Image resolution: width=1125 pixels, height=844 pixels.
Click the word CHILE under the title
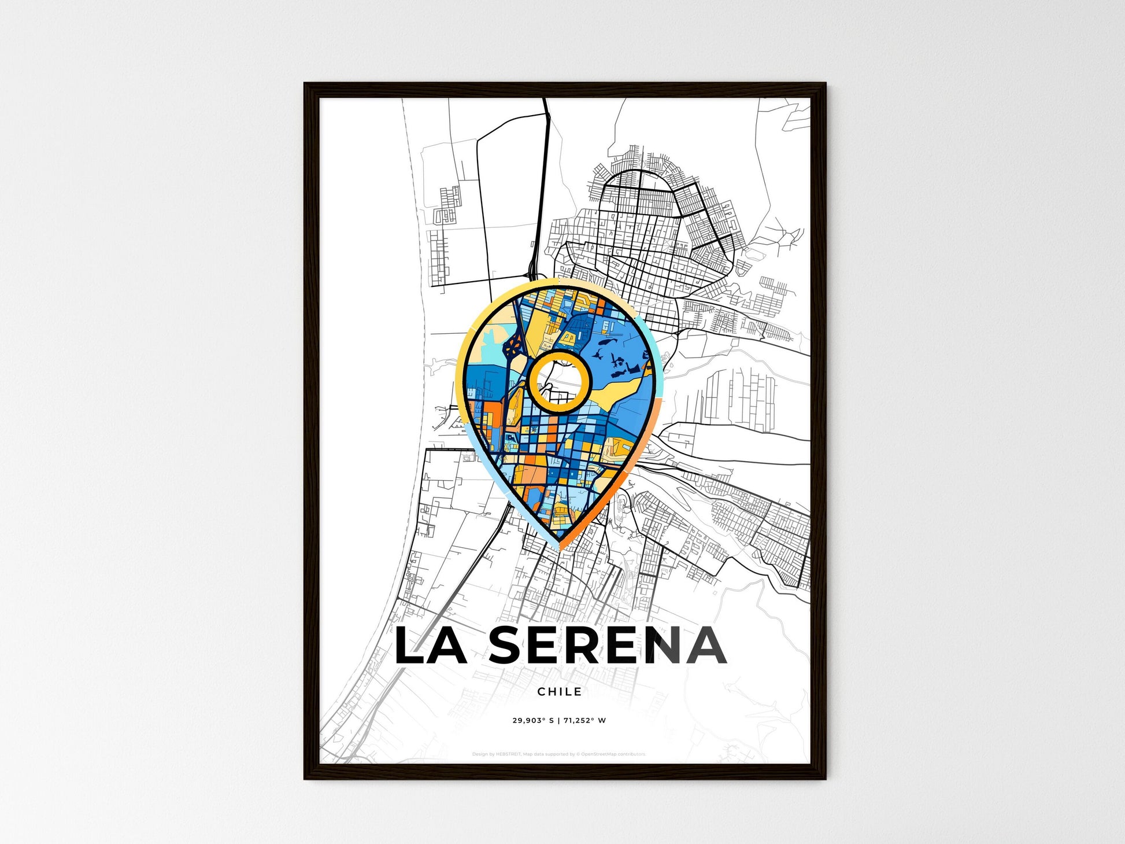tap(559, 691)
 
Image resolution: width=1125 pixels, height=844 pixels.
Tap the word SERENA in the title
tap(608, 646)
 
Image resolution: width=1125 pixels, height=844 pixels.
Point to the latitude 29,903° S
tap(533, 721)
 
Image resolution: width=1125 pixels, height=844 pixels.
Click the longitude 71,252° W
tap(585, 721)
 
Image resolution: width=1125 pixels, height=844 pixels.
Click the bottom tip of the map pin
tap(559, 547)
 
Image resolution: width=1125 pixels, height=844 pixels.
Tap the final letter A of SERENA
tap(705, 646)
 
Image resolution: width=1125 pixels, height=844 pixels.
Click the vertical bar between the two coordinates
tap(558, 721)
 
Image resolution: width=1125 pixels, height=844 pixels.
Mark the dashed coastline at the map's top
tap(408, 174)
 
